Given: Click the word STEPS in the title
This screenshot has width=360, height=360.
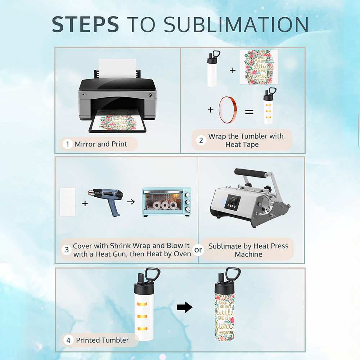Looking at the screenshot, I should (85, 24).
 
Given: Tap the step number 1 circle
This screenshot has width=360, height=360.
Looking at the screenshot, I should (68, 144).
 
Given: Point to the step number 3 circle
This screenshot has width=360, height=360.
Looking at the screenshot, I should (66, 250).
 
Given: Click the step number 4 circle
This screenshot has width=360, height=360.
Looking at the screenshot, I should (68, 340).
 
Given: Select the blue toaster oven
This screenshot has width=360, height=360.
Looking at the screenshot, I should (166, 201).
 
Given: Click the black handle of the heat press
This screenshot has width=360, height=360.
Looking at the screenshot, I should (251, 173).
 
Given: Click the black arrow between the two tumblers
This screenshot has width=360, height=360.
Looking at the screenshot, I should (184, 307).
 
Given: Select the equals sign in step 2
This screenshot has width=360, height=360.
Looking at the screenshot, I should (249, 112).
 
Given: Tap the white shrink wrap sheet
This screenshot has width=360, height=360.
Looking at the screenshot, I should (67, 202).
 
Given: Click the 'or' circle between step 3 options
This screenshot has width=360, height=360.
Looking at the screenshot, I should (198, 250).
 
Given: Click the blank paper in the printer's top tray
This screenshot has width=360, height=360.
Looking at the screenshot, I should (117, 69).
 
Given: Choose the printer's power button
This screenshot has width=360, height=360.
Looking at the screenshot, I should (150, 95).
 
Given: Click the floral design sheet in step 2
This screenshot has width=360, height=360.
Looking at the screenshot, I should (259, 67).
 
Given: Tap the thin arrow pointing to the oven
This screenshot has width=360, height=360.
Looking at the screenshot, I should (131, 202).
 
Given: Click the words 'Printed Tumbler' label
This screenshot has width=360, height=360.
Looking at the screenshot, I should (102, 340).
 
